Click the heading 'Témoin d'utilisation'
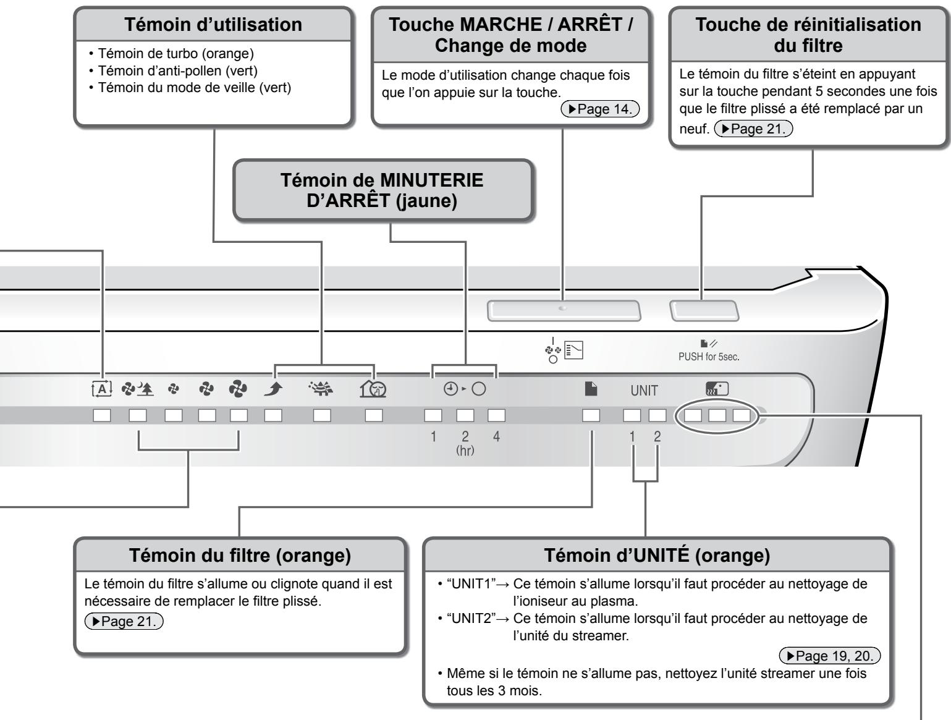click(x=213, y=25)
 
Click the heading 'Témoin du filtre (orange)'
click(x=239, y=556)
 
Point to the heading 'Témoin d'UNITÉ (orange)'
click(x=657, y=556)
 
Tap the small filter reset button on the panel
click(x=704, y=311)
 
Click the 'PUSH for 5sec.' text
click(x=708, y=357)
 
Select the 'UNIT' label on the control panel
click(x=644, y=391)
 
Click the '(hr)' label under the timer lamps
click(x=465, y=451)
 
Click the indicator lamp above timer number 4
click(x=496, y=415)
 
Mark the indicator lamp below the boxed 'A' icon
click(x=101, y=415)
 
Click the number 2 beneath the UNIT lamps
click(x=657, y=436)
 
